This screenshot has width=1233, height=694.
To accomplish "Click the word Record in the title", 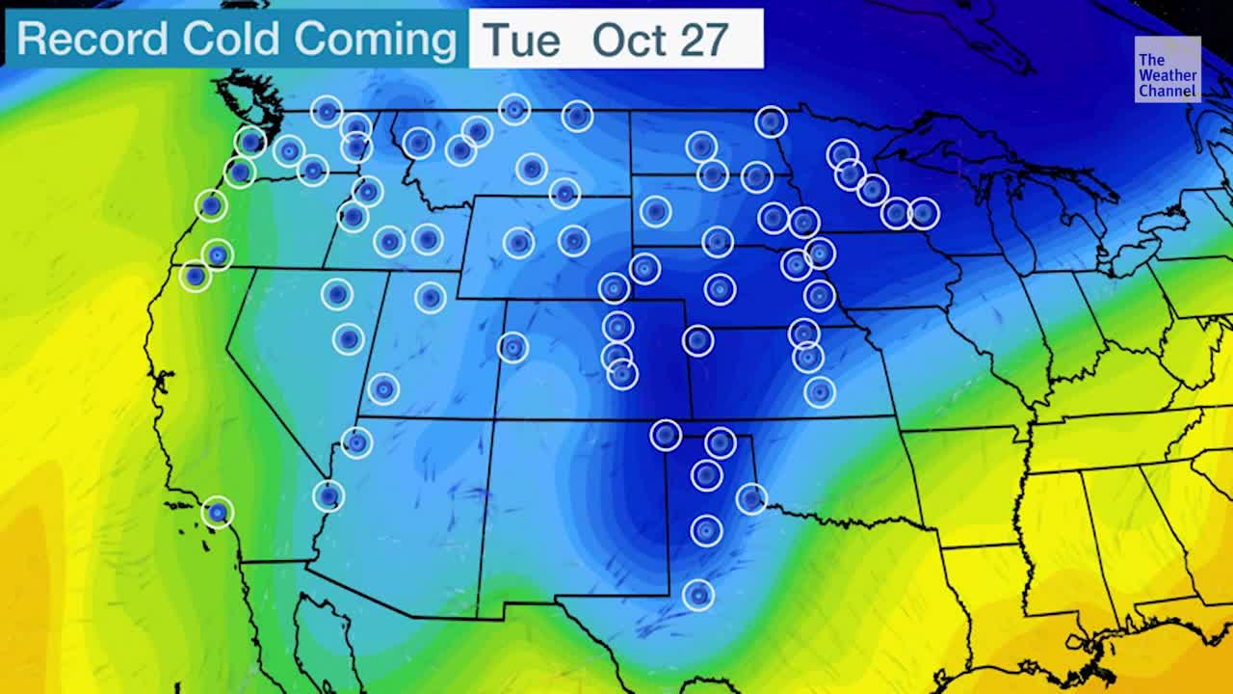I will pyautogui.click(x=93, y=40).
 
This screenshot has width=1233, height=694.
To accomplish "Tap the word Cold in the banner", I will pyautogui.click(x=231, y=40).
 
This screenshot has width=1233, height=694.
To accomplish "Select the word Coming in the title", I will pyautogui.click(x=375, y=40).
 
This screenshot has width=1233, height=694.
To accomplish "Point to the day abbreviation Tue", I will pyautogui.click(x=521, y=40).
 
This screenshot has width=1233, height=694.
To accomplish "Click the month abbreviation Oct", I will pyautogui.click(x=628, y=40).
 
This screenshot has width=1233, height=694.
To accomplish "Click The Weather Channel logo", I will pyautogui.click(x=1167, y=69).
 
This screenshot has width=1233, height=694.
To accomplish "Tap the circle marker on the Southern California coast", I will pyautogui.click(x=218, y=512).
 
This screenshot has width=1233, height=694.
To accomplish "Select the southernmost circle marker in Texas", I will pyautogui.click(x=698, y=595).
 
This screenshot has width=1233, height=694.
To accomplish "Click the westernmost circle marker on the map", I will pyautogui.click(x=196, y=276).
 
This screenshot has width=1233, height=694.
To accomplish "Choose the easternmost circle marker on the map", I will pyautogui.click(x=923, y=213).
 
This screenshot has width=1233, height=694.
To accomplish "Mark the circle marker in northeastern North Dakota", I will pyautogui.click(x=771, y=121).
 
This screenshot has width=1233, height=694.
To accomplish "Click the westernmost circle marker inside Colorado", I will pyautogui.click(x=512, y=347).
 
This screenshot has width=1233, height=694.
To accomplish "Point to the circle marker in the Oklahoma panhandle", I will pyautogui.click(x=666, y=435).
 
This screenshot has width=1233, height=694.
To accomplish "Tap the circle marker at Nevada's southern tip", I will pyautogui.click(x=328, y=495).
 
